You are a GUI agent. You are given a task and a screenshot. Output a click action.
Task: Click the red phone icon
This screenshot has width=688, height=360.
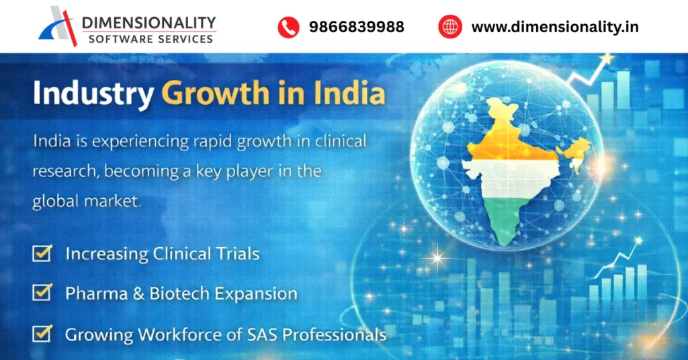288,27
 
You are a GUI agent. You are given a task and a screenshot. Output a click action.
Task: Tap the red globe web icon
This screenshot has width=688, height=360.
450,27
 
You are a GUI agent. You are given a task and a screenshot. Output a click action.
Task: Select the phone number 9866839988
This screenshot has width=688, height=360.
356,27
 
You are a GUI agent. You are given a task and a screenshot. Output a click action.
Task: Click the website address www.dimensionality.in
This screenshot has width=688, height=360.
555,27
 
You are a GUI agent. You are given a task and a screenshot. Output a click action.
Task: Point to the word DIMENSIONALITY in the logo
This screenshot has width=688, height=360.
148,23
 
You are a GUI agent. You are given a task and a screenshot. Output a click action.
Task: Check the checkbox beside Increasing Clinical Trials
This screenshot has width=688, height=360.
42,253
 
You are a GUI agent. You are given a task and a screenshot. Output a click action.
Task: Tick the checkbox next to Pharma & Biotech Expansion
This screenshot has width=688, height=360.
42,293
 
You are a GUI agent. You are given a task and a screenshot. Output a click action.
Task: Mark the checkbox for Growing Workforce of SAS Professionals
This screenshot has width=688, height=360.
42,333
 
